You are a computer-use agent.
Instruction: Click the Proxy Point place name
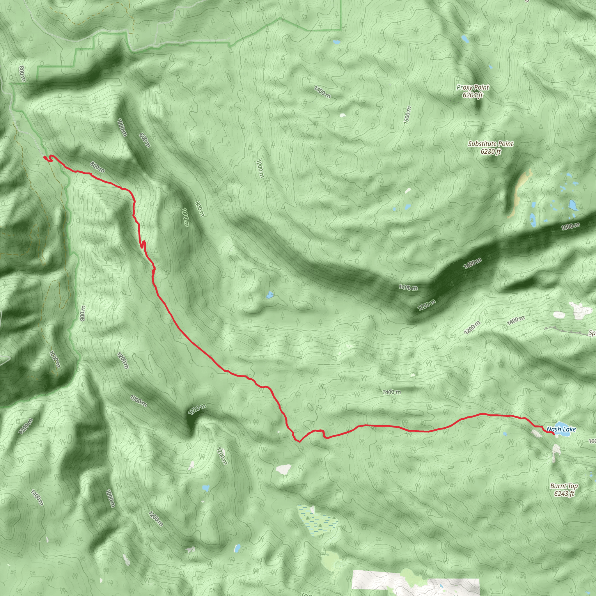point(473,88)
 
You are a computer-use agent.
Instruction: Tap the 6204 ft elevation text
point(473,95)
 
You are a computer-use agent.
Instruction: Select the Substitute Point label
point(490,144)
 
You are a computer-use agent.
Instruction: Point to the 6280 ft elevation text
point(490,151)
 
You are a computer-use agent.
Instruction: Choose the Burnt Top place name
point(564,486)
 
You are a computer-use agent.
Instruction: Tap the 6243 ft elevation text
point(564,494)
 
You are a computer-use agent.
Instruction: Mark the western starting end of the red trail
point(45,158)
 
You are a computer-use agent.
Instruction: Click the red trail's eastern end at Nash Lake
point(554,434)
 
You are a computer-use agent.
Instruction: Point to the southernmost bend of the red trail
point(299,441)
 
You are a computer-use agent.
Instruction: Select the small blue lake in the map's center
point(270,295)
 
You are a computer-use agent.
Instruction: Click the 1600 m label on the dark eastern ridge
point(570,226)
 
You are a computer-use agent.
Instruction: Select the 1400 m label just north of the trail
point(391,392)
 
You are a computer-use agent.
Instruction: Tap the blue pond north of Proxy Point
point(464,39)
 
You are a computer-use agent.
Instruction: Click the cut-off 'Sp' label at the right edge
point(592,333)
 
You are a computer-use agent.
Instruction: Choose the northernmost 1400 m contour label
point(322,92)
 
